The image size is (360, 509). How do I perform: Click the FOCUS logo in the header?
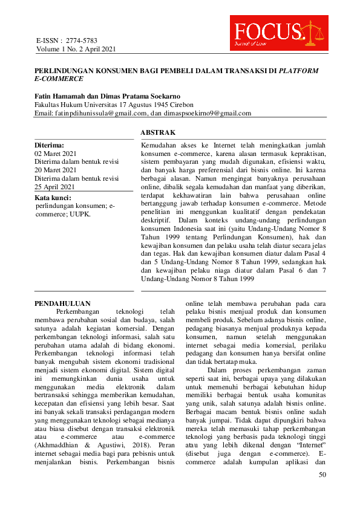[278, 33]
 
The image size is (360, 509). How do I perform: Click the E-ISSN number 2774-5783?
[79, 39]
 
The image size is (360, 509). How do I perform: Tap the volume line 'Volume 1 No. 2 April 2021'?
[76, 48]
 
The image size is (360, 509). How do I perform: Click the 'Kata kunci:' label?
[54, 198]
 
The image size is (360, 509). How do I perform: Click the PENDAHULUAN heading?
[62, 303]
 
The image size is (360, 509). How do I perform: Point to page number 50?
[322, 475]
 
